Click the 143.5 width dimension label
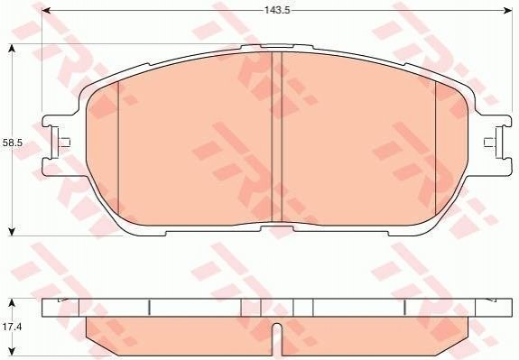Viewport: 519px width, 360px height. click(277, 10)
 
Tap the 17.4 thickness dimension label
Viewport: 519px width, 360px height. click(12, 328)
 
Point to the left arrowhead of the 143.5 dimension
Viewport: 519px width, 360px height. click(46, 11)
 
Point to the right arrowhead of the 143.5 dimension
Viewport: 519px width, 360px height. click(508, 11)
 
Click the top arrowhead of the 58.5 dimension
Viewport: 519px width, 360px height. click(12, 49)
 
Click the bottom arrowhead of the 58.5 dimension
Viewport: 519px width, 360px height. click(12, 232)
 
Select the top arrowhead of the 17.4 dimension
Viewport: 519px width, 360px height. click(12, 303)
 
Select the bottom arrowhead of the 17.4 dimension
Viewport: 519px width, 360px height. click(12, 351)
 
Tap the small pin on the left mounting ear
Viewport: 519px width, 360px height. click(64, 143)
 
